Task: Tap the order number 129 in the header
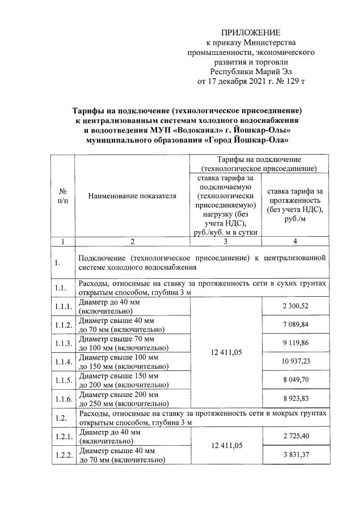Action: coord(290,82)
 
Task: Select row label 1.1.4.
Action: coord(63,361)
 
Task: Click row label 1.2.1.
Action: coord(63,436)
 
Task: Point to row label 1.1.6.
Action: coord(63,399)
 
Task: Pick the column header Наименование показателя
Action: coord(132,195)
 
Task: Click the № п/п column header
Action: coord(63,195)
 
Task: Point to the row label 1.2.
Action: coord(61,417)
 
